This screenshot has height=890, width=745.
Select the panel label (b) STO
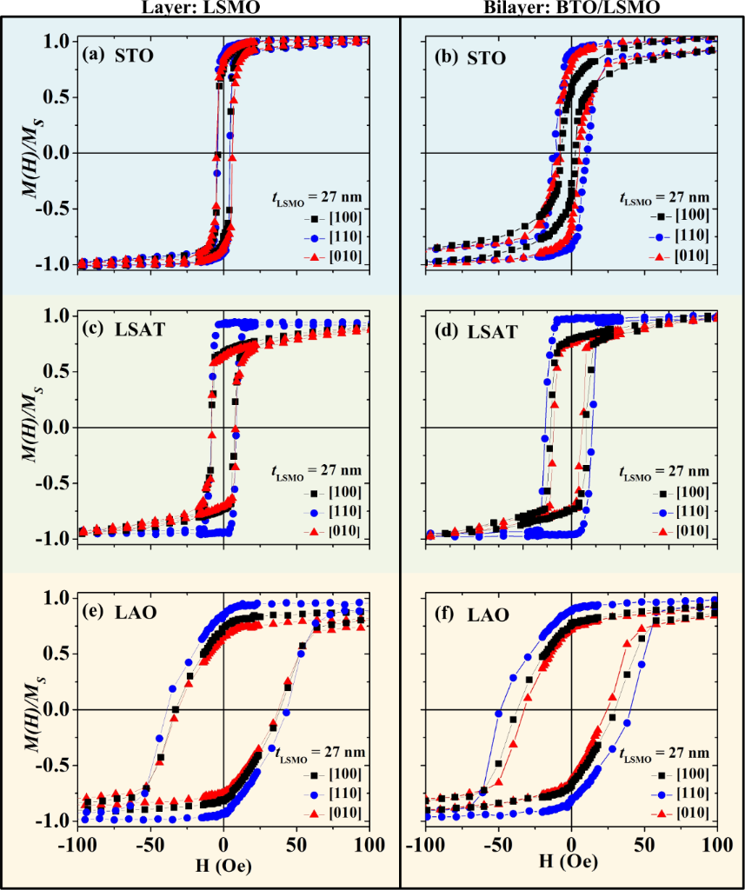click(469, 59)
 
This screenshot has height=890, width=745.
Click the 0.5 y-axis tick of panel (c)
click(59, 372)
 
